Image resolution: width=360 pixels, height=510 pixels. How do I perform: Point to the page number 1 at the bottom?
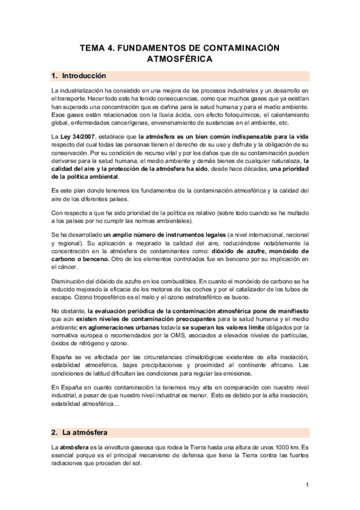tap(307, 485)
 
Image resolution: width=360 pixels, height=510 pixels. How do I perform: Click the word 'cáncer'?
tap(63, 266)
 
